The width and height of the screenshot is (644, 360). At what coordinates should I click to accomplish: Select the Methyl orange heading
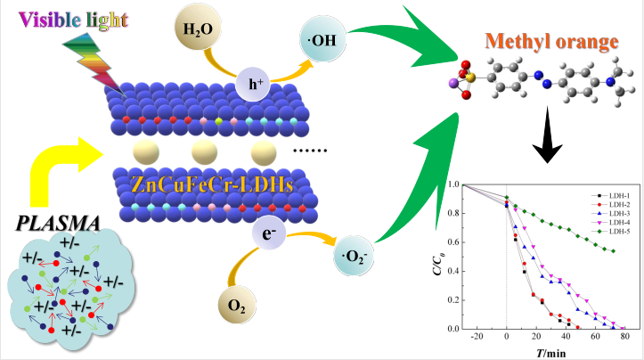coord(547,42)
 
